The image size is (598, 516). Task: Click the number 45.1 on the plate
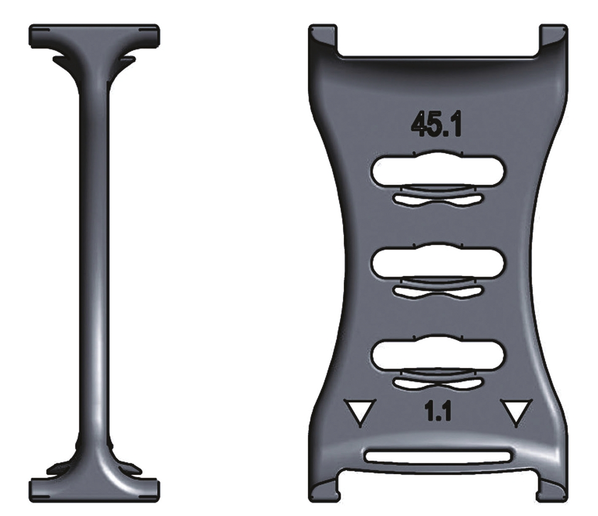436,125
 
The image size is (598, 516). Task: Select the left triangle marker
360,412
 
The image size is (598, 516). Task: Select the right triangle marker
515,412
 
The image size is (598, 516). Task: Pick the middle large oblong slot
439,261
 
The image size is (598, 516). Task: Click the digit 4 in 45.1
419,125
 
